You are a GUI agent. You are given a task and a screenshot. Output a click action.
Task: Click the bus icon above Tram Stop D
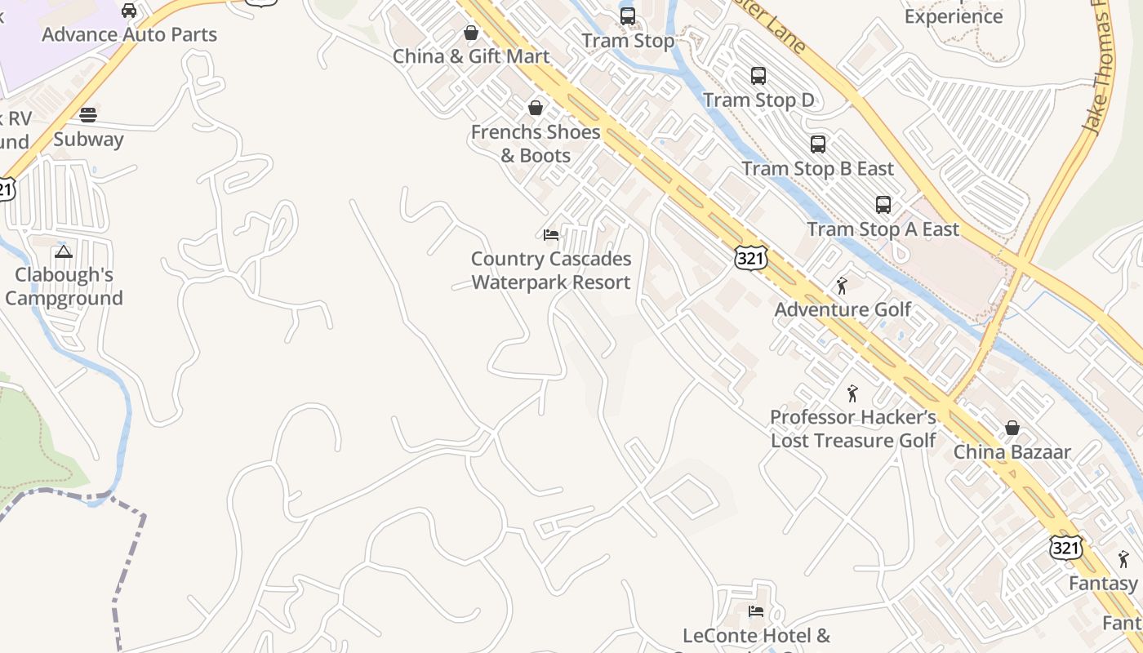click(x=758, y=76)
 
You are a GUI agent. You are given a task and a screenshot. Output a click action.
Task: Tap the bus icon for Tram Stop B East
click(x=818, y=144)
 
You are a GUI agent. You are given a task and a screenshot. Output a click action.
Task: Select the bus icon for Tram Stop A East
click(x=883, y=205)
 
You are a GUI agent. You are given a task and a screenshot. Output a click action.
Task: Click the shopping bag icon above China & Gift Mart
click(x=471, y=33)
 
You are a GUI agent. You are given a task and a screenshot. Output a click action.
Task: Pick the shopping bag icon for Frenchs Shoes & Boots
click(x=536, y=108)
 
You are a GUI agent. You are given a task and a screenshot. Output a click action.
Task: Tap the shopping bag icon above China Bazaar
click(x=1012, y=428)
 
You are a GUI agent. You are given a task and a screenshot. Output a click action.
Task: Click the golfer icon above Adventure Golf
click(x=843, y=286)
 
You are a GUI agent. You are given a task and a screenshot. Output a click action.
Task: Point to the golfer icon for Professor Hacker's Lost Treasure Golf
click(x=853, y=393)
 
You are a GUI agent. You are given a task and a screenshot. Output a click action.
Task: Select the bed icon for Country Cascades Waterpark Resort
click(x=551, y=235)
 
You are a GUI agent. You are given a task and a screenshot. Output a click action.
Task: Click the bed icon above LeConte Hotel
click(x=756, y=611)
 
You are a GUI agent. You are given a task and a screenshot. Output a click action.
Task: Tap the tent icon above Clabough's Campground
click(x=64, y=251)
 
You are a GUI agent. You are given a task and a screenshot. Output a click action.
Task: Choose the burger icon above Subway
click(x=88, y=115)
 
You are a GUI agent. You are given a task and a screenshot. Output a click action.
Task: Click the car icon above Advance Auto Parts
click(x=129, y=11)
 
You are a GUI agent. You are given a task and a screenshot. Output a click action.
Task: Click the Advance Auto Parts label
click(x=129, y=35)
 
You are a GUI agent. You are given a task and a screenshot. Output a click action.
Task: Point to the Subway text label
click(x=88, y=140)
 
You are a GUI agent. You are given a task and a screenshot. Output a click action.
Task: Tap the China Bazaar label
click(x=1012, y=452)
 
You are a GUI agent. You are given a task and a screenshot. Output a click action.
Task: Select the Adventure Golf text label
click(x=843, y=310)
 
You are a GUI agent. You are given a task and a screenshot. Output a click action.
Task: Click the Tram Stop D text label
click(x=758, y=100)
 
